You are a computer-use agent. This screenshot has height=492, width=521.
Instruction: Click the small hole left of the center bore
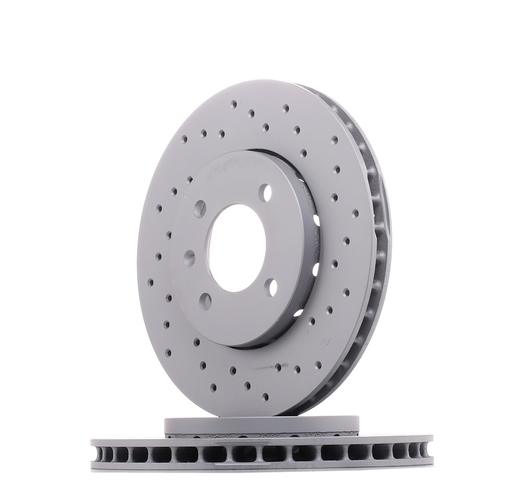tap(189, 257)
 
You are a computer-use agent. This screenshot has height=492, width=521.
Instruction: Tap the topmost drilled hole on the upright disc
tap(234, 103)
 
